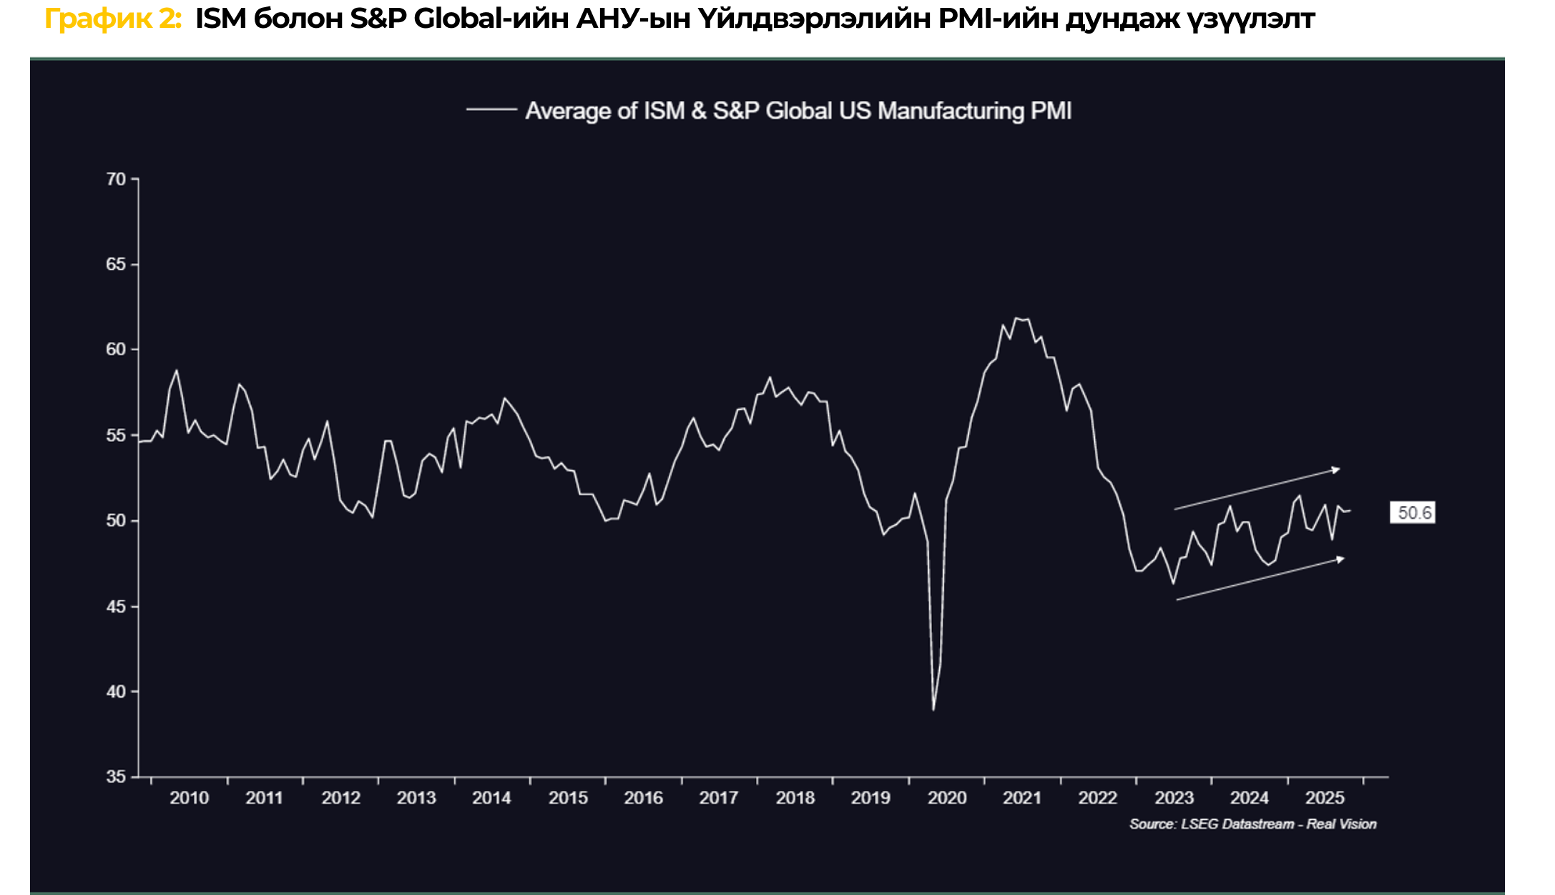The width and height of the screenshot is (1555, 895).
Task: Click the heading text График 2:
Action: pos(113,19)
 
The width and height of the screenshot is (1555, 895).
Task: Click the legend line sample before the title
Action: pos(491,109)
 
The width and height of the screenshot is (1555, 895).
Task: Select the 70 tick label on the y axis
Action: pos(115,179)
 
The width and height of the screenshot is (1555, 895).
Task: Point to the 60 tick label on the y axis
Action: pos(115,350)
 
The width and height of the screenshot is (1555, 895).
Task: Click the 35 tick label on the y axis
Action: pos(115,776)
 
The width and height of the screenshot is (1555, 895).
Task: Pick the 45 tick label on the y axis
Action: pos(115,606)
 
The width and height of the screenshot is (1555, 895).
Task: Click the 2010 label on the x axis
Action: pos(189,798)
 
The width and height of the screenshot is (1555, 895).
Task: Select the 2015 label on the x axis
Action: pos(568,798)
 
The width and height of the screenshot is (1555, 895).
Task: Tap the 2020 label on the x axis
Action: pos(947,798)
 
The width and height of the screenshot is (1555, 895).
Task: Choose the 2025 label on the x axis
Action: pos(1325,798)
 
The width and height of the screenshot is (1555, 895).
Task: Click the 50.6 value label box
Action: pos(1413,513)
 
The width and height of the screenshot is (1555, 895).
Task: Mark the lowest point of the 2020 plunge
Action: pos(933,709)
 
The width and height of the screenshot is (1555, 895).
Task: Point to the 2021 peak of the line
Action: pos(1016,318)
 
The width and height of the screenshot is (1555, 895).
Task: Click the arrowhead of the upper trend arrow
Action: pos(1335,470)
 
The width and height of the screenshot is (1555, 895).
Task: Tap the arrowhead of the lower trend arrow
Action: pos(1340,559)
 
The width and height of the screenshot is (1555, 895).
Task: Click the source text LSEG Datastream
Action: pos(1237,824)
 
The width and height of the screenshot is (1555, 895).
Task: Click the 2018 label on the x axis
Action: pos(795,798)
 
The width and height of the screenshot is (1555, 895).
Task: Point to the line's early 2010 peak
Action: pos(177,370)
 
